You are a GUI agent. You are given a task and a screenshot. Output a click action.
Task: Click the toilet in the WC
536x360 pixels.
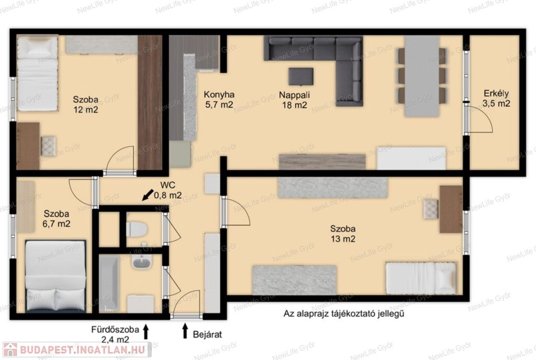point(137,229)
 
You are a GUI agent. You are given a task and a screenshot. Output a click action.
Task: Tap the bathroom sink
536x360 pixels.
point(141,262)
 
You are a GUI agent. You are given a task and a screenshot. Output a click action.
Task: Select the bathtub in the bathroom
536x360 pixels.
point(109,284)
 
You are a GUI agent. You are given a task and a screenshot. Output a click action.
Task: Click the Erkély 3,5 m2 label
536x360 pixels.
point(496,98)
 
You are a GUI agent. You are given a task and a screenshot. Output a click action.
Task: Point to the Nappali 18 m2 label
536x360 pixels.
point(294,100)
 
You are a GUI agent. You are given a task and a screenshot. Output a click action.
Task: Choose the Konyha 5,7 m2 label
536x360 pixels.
point(219,99)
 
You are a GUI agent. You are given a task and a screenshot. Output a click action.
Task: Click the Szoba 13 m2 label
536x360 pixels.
point(343,233)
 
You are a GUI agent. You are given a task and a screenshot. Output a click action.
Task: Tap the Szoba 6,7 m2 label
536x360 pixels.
point(57,219)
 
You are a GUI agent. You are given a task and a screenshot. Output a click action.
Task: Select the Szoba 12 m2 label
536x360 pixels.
point(86,105)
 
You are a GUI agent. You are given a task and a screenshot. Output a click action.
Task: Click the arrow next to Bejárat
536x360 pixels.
point(185,331)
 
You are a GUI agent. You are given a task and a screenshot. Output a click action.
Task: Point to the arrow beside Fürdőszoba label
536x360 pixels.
point(146,332)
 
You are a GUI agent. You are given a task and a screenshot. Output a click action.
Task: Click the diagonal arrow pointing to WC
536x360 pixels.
point(148,195)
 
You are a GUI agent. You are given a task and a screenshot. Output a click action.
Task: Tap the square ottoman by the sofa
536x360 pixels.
point(301,76)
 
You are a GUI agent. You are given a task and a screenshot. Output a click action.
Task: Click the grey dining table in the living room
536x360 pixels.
point(422,76)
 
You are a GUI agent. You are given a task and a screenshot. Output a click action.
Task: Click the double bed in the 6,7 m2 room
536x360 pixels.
point(55,276)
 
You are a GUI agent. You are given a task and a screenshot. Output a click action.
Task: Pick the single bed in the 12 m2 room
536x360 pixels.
point(37,73)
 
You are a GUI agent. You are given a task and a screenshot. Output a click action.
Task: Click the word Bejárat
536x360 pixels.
point(207,334)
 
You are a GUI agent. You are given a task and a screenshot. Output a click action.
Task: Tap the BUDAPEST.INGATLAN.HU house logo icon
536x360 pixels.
point(10,350)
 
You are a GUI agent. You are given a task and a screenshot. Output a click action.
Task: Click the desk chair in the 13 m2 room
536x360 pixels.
point(431,209)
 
